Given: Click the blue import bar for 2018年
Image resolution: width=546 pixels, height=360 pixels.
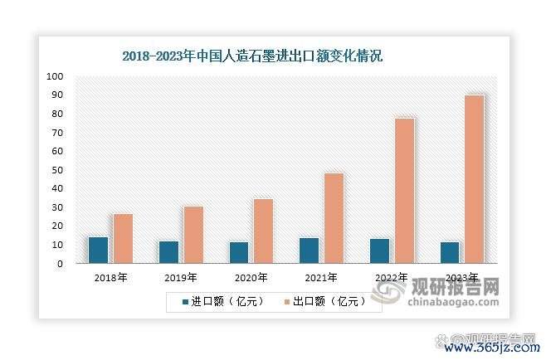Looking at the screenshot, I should (98, 251).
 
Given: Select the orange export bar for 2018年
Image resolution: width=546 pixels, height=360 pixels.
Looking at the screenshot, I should (123, 239).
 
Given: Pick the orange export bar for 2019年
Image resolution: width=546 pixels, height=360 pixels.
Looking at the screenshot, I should (193, 235).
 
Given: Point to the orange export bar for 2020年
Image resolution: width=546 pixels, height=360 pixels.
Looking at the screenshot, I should (263, 231).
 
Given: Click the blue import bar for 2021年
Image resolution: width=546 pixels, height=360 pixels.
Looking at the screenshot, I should (309, 251).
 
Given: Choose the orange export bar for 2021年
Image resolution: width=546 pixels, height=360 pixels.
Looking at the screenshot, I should (334, 218).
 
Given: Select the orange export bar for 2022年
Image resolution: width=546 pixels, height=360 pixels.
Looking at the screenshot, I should (404, 191).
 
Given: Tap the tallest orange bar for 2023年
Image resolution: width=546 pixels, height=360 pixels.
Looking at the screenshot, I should (474, 179).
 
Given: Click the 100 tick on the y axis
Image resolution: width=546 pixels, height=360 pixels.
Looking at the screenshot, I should (56, 76).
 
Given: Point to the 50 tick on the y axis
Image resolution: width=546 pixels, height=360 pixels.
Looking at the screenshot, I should (58, 170).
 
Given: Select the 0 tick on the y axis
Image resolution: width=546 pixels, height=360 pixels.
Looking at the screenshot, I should (61, 264).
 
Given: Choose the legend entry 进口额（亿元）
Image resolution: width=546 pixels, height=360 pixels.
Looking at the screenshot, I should (217, 302).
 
